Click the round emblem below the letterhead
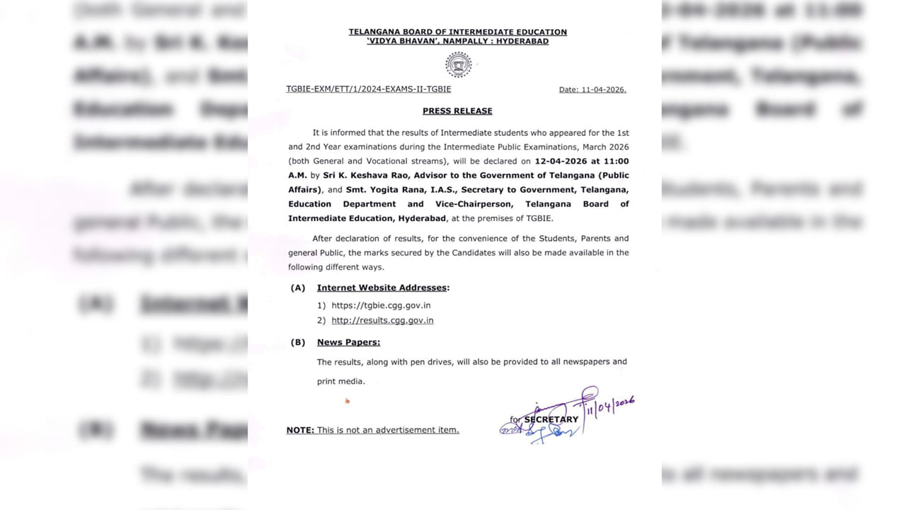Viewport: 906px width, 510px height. coord(458,64)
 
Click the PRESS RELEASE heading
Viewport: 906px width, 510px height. coord(457,111)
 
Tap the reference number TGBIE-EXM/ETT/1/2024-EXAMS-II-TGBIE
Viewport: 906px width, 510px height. coord(368,89)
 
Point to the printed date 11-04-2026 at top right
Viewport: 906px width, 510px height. coord(603,90)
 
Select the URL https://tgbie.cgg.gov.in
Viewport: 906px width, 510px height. coord(381,305)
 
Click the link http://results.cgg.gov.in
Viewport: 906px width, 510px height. coord(382,320)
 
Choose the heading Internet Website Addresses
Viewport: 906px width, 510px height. coord(383,288)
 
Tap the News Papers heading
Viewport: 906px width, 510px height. coord(348,342)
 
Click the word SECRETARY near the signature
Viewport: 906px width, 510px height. coord(551,419)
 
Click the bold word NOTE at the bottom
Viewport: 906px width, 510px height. coord(300,430)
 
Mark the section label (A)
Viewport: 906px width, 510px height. coord(298,288)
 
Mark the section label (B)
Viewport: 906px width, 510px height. coord(298,342)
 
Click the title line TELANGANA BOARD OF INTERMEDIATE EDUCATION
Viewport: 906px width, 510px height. coord(457,32)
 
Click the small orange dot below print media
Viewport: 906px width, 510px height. coord(347,401)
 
